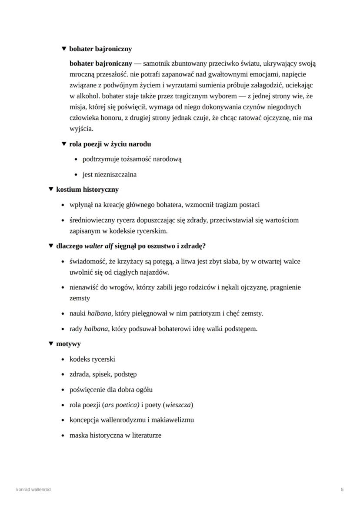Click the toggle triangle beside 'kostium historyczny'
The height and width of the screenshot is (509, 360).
pyautogui.click(x=51, y=190)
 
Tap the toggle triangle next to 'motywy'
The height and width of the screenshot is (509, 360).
pyautogui.click(x=51, y=344)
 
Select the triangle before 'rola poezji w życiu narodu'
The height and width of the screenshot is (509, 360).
pyautogui.click(x=64, y=144)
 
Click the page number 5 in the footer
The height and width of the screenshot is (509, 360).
pyautogui.click(x=342, y=489)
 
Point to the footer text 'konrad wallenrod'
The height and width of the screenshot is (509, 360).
pyautogui.click(x=33, y=489)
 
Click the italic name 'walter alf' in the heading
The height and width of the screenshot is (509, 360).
pyautogui.click(x=99, y=246)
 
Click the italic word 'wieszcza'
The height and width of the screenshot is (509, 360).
pyautogui.click(x=178, y=405)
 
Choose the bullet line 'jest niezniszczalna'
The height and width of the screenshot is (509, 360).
pyautogui.click(x=110, y=174)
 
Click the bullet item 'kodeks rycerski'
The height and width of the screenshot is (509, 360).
pyautogui.click(x=92, y=359)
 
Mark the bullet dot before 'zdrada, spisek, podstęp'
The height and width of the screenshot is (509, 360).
pyautogui.click(x=64, y=375)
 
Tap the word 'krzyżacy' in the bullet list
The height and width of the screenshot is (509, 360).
pyautogui.click(x=129, y=261)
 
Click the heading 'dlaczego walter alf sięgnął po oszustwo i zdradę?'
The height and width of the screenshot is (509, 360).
pyautogui.click(x=131, y=246)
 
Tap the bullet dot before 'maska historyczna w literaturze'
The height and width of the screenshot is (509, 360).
pyautogui.click(x=64, y=436)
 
